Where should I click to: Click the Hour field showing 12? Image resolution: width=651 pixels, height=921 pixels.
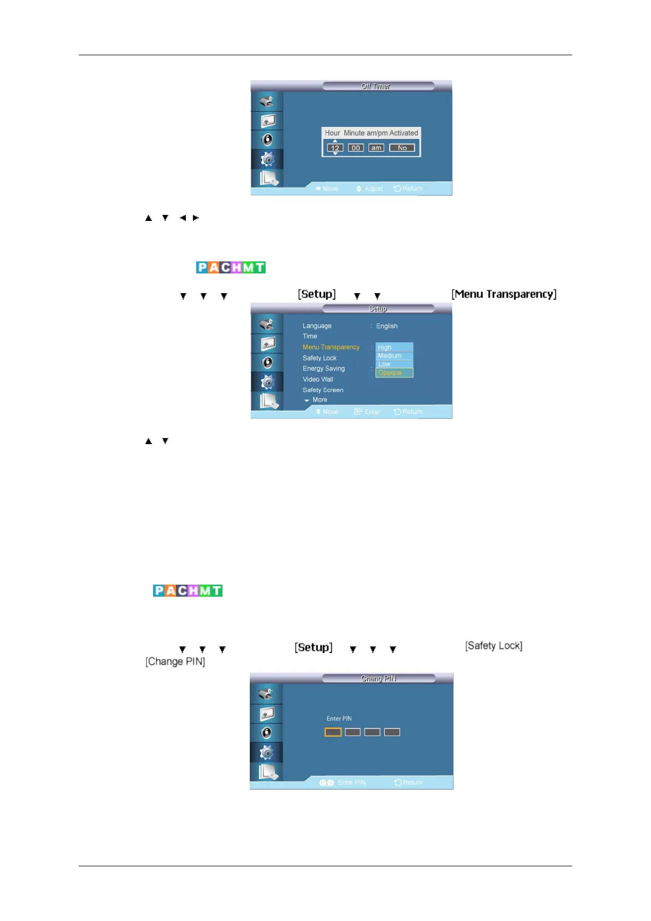click(335, 148)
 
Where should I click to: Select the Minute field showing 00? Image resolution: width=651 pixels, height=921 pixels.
click(356, 148)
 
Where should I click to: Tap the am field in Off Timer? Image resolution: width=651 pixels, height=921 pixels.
click(376, 148)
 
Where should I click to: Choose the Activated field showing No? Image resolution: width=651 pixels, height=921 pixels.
click(402, 148)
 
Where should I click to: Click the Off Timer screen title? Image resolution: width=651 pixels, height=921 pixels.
click(376, 86)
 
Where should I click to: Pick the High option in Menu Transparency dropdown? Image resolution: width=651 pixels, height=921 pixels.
click(394, 347)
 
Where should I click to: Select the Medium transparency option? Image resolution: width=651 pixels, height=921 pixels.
click(394, 355)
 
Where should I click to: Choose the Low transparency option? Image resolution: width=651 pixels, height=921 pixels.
click(394, 364)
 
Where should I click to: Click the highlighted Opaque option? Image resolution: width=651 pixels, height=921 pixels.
click(394, 373)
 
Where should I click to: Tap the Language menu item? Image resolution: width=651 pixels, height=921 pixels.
click(317, 326)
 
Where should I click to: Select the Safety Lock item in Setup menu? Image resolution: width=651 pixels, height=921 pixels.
click(320, 358)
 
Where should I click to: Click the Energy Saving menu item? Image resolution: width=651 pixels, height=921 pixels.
click(324, 369)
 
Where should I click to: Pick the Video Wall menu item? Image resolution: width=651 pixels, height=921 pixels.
click(318, 380)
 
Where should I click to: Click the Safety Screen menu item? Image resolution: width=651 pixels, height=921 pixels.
click(323, 390)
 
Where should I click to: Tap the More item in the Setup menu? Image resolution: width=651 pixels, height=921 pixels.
click(319, 400)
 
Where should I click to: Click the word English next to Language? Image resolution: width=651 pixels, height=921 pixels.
click(386, 326)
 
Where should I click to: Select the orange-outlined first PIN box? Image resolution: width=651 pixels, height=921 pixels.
click(333, 732)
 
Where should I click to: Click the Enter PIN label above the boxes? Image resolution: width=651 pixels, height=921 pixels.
click(339, 719)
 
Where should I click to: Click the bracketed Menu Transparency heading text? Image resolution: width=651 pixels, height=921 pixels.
click(504, 294)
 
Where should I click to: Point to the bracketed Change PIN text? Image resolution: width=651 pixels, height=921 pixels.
click(175, 662)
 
